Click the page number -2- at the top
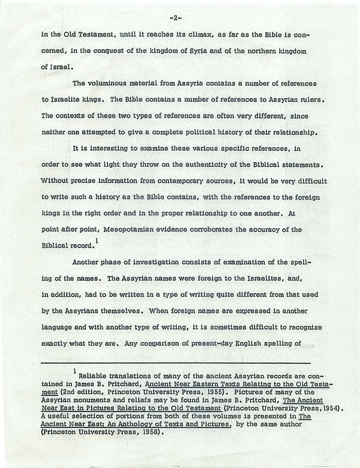[176, 18]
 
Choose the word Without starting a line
[55, 180]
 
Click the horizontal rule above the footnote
[176, 363]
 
